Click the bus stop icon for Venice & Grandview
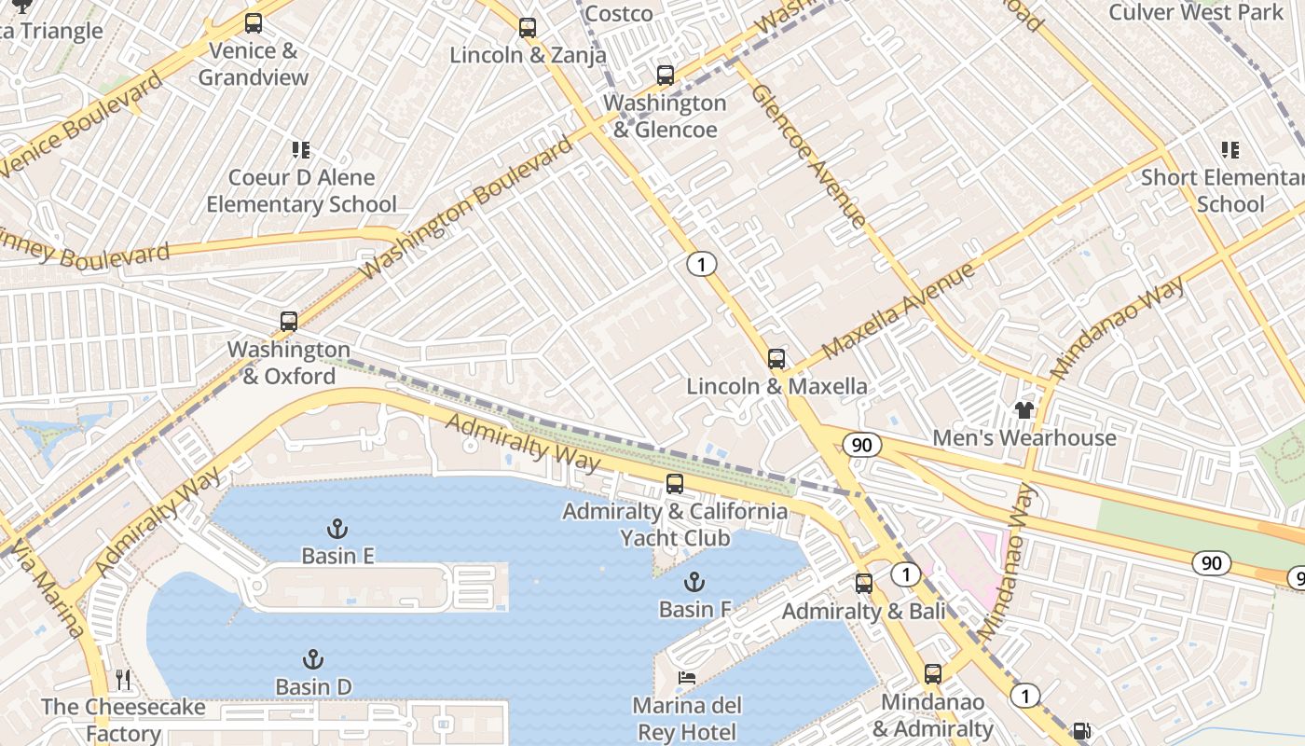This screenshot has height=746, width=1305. pos(254,23)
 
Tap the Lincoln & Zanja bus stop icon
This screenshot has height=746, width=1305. pos(528,28)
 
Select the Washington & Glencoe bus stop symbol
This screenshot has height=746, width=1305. pos(665,76)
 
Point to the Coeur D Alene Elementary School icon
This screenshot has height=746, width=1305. pos(301,150)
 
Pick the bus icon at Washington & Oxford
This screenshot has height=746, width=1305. pos(289,322)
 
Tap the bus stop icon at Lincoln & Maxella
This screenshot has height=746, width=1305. pos(776,359)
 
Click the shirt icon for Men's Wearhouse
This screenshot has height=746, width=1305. pos(1024,410)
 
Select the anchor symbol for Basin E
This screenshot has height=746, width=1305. pos(337,529)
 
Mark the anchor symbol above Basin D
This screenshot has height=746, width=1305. pos(313,659)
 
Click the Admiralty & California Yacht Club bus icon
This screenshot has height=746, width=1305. pos(675,484)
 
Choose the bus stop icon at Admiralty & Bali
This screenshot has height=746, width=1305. pos(864,584)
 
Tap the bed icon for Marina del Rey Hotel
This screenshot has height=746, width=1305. pos(687,677)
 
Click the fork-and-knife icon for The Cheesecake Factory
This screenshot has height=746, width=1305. pos(123,679)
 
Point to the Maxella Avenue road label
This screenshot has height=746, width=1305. pos(899,311)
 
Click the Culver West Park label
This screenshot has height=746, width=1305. pos(1196,12)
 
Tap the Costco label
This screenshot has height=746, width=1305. pos(619,13)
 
